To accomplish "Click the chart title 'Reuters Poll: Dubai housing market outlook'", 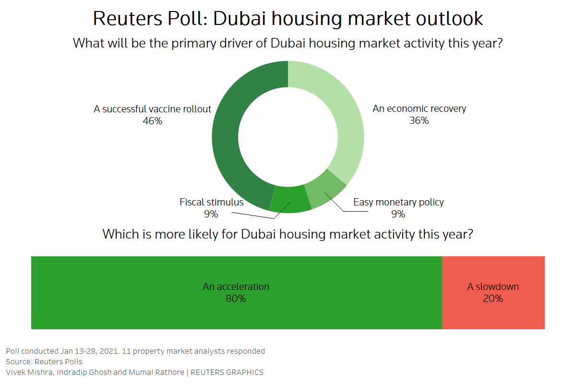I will [x=288, y=18].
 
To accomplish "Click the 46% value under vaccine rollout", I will [x=152, y=121].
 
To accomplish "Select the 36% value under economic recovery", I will [x=419, y=121].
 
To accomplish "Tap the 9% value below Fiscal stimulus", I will [x=211, y=215].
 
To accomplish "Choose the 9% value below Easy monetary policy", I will [x=398, y=214].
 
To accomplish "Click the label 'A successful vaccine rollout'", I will [x=152, y=109].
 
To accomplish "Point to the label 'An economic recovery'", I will [x=419, y=108].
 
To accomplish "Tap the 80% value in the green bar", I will [x=236, y=299].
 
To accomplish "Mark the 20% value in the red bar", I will [x=493, y=299].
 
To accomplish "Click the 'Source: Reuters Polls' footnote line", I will [x=44, y=361].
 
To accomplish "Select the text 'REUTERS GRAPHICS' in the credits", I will [x=227, y=372].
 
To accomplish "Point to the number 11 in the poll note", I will [x=126, y=351].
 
